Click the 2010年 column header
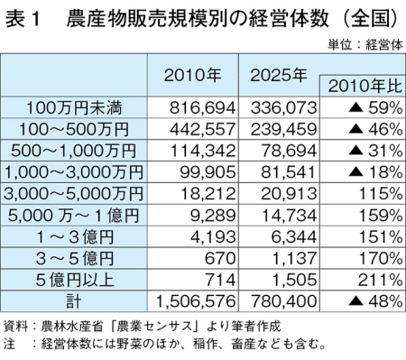[x=192, y=75]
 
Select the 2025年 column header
[x=279, y=75]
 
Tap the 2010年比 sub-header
[x=365, y=87]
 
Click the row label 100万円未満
[x=74, y=107]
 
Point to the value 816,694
[x=202, y=108]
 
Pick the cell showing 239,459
[x=283, y=129]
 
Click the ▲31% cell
[x=375, y=151]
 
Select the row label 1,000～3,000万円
[x=74, y=172]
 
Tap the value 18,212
[x=208, y=194]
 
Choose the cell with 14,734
[x=289, y=216]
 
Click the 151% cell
[x=381, y=237]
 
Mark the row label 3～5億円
[x=75, y=258]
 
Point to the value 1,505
[x=294, y=280]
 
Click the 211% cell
[x=380, y=280]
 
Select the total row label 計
[x=74, y=301]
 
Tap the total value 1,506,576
[x=196, y=301]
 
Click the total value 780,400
[x=283, y=301]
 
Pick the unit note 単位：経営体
[x=365, y=45]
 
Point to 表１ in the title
[x=23, y=19]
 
